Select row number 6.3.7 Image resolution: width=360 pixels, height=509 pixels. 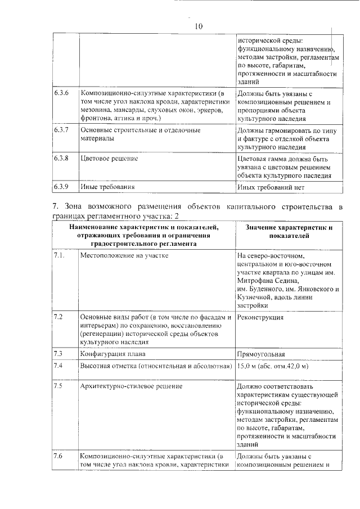[x=61, y=130]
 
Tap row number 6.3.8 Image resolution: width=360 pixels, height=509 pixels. [x=61, y=159]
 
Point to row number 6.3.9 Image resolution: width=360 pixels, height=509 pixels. [x=61, y=186]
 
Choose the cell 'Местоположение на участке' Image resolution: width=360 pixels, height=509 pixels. [x=124, y=255]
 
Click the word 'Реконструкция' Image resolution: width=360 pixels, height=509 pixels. [x=260, y=317]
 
